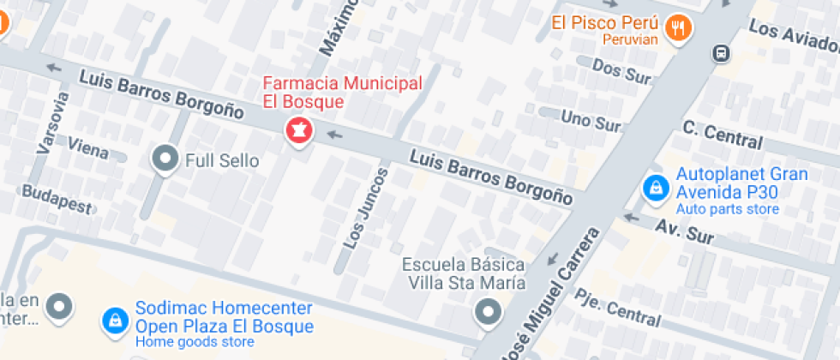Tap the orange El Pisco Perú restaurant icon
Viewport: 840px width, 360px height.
coord(680,27)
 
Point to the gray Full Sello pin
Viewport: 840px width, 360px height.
coord(164,159)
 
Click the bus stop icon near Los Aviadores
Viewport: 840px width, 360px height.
coord(722,53)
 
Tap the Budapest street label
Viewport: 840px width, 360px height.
coord(57,199)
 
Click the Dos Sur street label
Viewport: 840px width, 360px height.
coord(621,71)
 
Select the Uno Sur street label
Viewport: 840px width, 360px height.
coord(590,120)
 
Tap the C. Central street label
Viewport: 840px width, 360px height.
coord(722,134)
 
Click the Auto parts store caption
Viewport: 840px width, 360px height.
coord(727,209)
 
